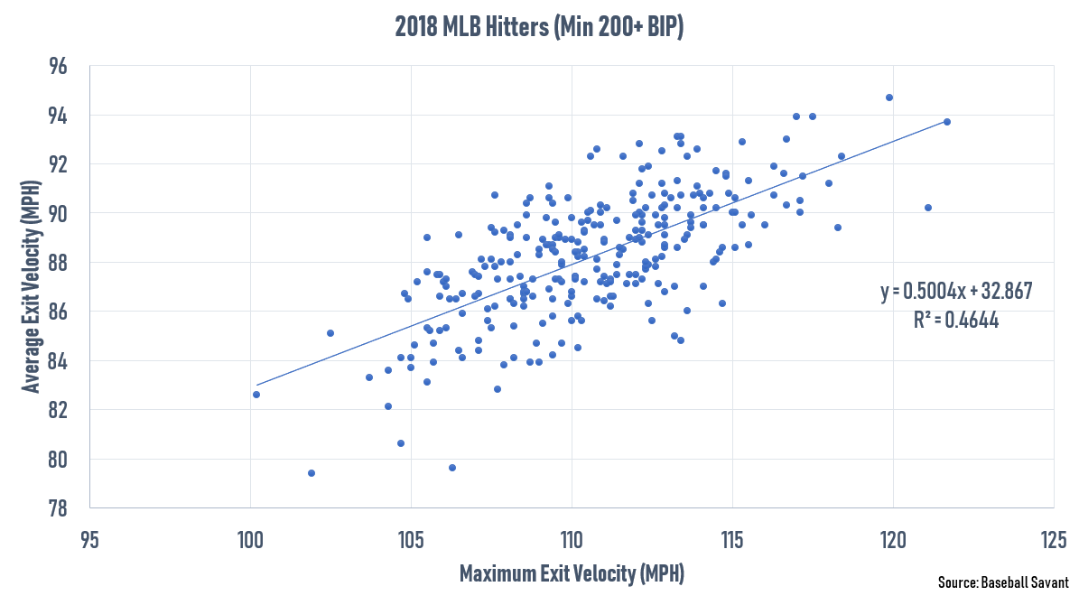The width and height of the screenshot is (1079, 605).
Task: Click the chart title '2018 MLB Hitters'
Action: click(x=539, y=27)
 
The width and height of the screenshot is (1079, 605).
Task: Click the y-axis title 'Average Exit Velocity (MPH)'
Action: click(x=32, y=287)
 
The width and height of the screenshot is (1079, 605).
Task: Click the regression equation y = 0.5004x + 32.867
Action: click(x=955, y=292)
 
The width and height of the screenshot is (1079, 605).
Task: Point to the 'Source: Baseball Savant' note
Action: click(x=1002, y=583)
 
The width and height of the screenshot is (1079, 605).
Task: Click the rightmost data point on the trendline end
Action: click(x=946, y=122)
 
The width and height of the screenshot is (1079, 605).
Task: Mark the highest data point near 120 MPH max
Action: click(x=889, y=98)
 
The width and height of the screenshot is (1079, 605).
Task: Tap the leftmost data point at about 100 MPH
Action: click(x=256, y=395)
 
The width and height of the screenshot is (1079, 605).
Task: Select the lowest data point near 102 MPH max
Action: click(x=312, y=473)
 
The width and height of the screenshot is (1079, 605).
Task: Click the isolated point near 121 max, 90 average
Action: click(x=927, y=208)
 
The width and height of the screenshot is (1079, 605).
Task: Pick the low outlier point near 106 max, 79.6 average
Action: click(x=452, y=468)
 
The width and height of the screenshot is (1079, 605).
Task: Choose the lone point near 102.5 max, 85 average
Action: click(x=330, y=333)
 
